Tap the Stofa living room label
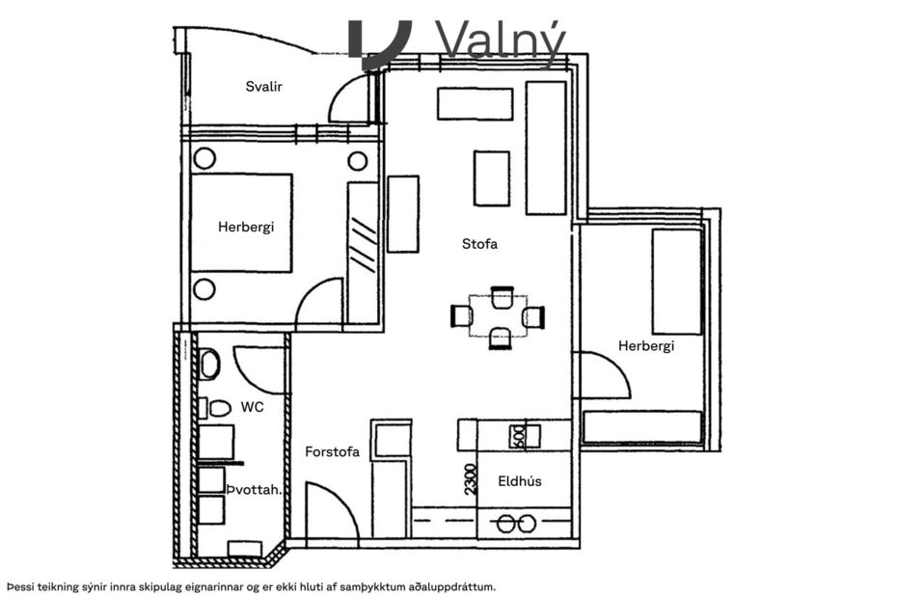479,244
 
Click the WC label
253,407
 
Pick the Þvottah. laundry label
254,490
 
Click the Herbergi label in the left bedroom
246,227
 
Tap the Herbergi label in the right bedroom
645,345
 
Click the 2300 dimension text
470,479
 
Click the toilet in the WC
209,363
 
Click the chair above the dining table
501,295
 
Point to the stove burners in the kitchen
513,524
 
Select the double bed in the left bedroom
241,223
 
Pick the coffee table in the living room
491,178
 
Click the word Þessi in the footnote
26,585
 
